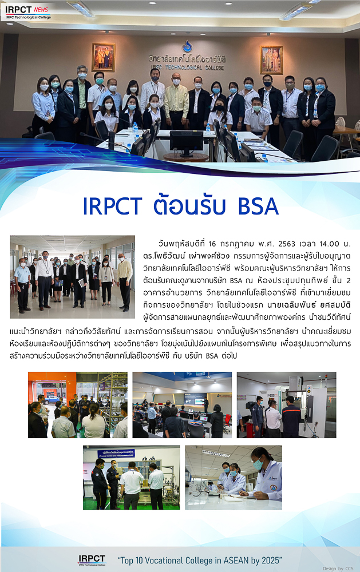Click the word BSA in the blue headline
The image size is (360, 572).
point(258,206)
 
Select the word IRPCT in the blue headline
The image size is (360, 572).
point(112,206)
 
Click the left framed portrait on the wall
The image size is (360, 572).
point(104,57)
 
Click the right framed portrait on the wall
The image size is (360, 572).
point(271,60)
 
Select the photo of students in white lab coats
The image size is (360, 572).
point(234,477)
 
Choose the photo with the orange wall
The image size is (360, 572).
point(78,405)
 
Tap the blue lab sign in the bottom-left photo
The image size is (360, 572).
point(116,454)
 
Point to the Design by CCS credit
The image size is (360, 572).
point(338,569)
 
